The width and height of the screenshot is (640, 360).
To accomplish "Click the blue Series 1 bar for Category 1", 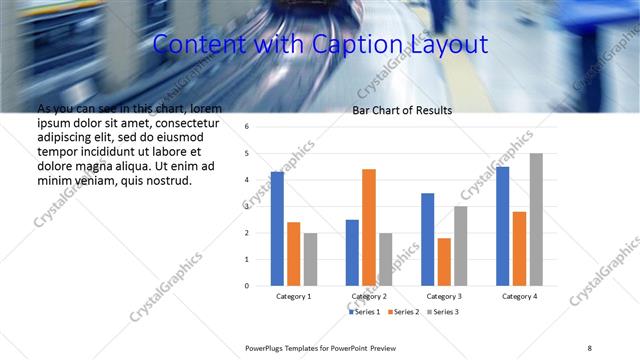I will (277, 229).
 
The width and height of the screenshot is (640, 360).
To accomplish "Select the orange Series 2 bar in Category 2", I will (369, 227).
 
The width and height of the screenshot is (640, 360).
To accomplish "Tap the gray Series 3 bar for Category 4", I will (536, 219).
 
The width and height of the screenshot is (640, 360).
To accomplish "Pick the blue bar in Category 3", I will (428, 239).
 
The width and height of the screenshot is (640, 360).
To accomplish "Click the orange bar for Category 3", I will (444, 262).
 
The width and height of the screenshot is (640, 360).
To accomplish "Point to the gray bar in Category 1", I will (310, 259).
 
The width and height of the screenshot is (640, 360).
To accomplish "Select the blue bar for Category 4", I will (503, 226).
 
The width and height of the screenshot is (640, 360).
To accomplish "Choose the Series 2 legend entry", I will (404, 312).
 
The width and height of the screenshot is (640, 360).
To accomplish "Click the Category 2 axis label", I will (369, 297).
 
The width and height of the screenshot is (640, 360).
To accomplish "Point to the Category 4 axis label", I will (519, 297).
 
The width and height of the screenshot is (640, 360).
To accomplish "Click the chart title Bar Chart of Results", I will (402, 110).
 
